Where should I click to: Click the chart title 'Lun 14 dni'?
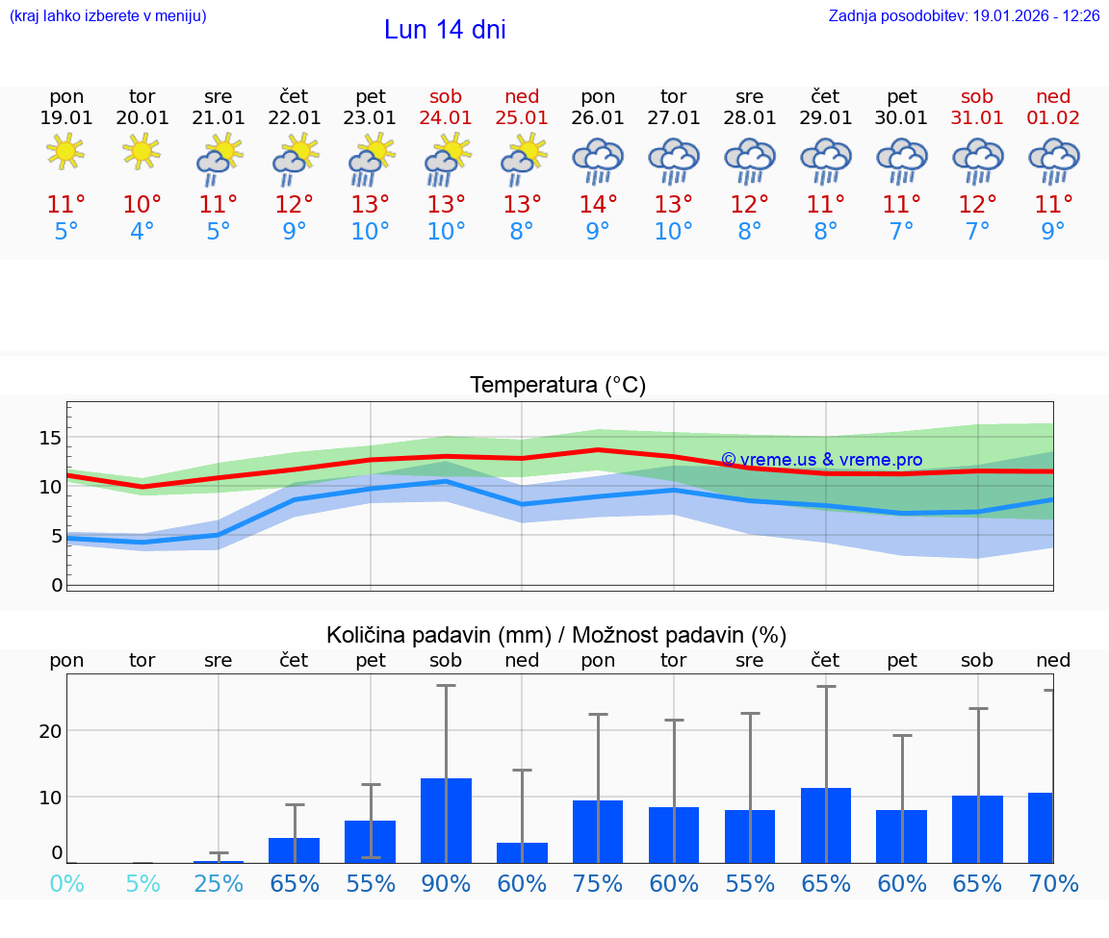[445, 30]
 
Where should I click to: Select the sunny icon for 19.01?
[66, 151]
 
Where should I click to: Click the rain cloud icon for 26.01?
[598, 160]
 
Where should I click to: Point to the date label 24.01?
[446, 117]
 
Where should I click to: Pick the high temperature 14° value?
[598, 204]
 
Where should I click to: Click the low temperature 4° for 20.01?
[142, 231]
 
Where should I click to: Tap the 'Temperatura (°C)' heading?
[557, 386]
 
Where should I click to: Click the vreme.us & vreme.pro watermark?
[821, 460]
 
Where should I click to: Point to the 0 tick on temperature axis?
[56, 584]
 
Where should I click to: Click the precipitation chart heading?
[556, 635]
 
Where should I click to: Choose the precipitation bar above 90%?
[446, 820]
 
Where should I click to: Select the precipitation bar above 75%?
[598, 831]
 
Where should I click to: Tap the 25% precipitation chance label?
[219, 883]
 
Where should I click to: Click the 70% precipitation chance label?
[1053, 883]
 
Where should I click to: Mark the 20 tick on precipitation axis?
[50, 730]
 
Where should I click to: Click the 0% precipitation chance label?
[66, 883]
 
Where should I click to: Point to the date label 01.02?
[1053, 117]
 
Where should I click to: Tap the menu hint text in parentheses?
[108, 15]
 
